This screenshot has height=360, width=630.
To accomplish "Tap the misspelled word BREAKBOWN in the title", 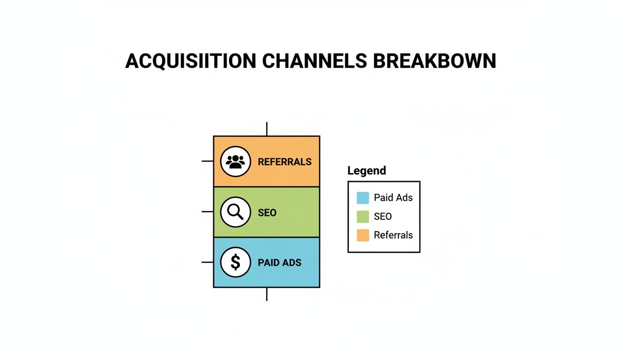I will coord(435,61).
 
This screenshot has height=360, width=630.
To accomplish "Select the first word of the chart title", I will coord(190,61).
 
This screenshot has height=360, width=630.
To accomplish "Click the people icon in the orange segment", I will coord(235,161).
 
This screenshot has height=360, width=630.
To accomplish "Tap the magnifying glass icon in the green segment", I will coord(235,212).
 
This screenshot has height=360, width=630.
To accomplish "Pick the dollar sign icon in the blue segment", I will coord(235,262).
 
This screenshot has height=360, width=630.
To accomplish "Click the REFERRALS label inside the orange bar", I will coord(285,162).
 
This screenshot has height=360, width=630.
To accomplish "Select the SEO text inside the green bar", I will coord(267,212).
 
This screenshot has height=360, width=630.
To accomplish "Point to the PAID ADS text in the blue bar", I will coord(279,262).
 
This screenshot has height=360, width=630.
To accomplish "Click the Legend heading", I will coord(367,171).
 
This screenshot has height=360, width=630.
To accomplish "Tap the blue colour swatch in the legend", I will coord(363,198).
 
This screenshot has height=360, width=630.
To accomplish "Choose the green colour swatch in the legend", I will coord(363,217).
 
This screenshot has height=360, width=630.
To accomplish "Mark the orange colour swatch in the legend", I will coord(363,235).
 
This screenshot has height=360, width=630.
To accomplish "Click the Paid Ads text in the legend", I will coord(393,198).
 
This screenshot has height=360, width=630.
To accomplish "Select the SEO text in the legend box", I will coord(382,217).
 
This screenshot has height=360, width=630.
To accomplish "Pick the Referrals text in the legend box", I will coord(393,235).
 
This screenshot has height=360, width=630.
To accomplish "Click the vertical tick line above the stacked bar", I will coord(267,129).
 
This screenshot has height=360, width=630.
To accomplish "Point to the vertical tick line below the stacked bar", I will coord(267,294).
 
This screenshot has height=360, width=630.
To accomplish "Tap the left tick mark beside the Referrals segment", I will coord(207,161).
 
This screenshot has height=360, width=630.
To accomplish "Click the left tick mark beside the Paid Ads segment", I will coord(207,262).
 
